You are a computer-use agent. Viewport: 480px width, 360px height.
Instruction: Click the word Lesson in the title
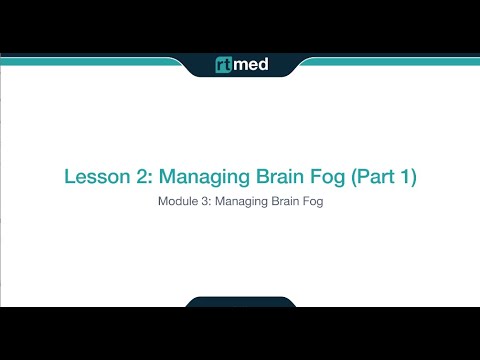pos(92,177)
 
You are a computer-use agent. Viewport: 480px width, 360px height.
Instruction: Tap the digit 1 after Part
pos(405,177)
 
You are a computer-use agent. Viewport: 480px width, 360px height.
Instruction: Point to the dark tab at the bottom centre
pos(240,301)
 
